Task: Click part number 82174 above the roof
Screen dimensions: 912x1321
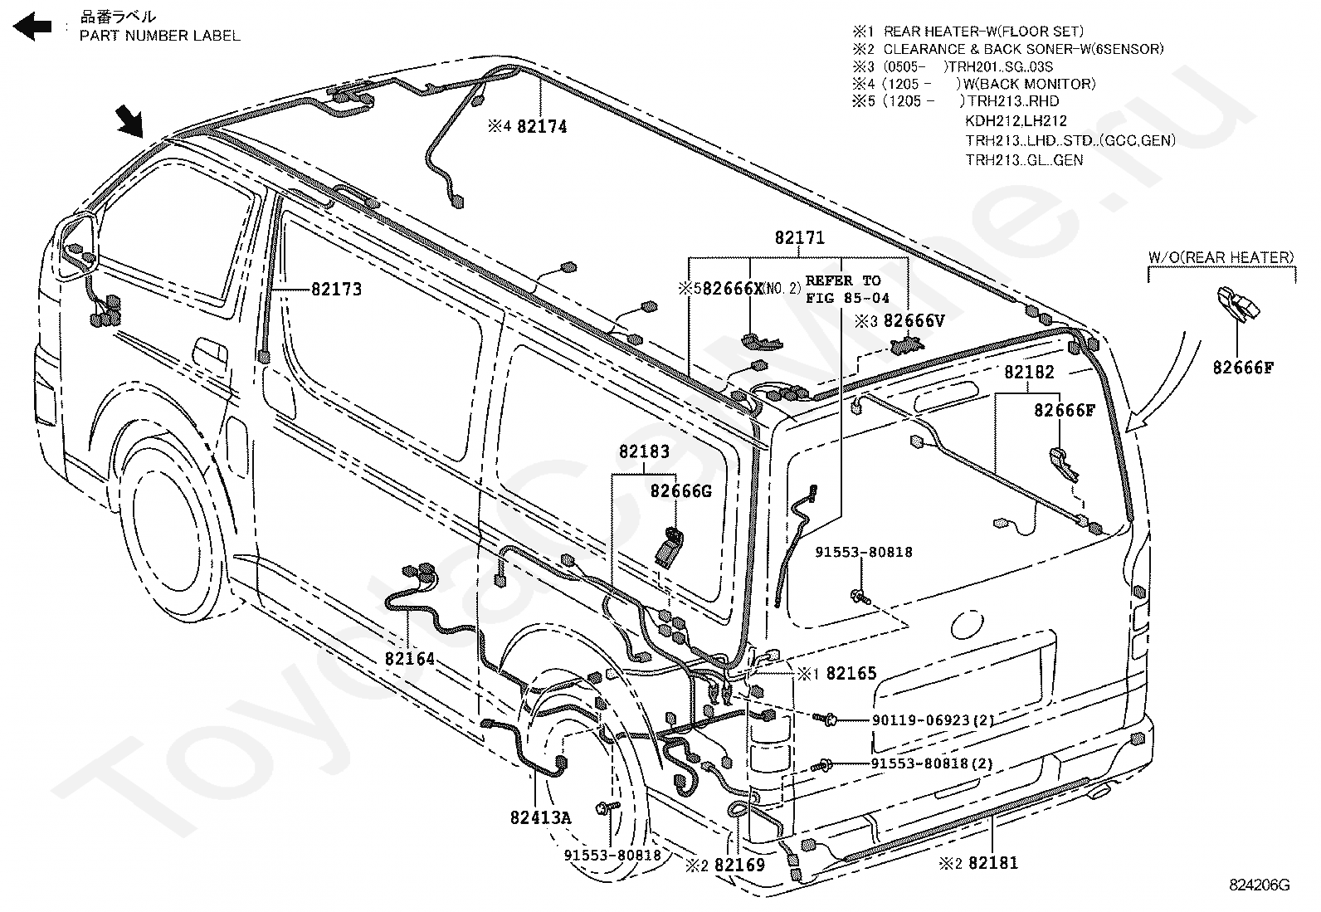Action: [x=542, y=127]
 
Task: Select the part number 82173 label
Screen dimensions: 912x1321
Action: [x=337, y=290]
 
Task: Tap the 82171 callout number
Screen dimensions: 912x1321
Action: [x=800, y=238]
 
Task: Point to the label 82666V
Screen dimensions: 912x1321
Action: [x=914, y=320]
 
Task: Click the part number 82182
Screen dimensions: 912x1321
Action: [x=1029, y=373]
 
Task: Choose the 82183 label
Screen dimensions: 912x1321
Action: [x=643, y=452]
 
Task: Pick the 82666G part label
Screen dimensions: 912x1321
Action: [x=680, y=491]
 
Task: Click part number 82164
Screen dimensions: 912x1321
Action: [x=410, y=659]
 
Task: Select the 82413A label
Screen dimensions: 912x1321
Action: [x=540, y=817]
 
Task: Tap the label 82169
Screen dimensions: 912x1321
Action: [x=739, y=865]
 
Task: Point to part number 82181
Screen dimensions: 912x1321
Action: [x=992, y=863]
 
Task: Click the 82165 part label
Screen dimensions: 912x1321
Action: [x=851, y=674]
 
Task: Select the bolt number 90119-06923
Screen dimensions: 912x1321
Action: [x=921, y=720]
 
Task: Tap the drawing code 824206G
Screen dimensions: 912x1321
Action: [x=1260, y=885]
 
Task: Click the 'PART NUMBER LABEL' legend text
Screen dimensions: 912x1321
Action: [x=160, y=36]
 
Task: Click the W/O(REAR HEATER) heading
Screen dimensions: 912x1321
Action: [x=1221, y=257]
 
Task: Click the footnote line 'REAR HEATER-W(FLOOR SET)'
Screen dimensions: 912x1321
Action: [x=983, y=32]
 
